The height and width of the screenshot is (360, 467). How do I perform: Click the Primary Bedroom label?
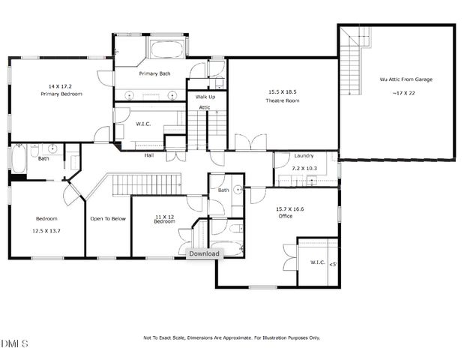click(61, 94)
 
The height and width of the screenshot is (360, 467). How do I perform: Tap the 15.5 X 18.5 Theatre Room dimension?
click(282, 92)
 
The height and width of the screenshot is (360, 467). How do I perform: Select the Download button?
click(204, 253)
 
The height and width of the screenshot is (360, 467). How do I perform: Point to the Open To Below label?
click(107, 219)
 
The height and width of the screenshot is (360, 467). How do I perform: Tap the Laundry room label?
click(304, 155)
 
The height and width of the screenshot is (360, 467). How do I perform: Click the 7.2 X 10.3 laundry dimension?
click(304, 169)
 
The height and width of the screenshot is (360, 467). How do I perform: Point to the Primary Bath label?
click(155, 73)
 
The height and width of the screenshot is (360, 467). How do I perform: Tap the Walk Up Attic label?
click(205, 102)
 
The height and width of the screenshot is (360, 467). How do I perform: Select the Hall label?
click(149, 155)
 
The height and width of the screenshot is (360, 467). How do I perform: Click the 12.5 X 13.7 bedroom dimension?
click(46, 230)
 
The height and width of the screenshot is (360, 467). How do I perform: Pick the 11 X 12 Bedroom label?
click(164, 218)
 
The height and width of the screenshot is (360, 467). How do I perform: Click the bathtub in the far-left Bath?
click(18, 160)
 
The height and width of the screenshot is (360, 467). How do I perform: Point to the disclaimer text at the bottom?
click(232, 337)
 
